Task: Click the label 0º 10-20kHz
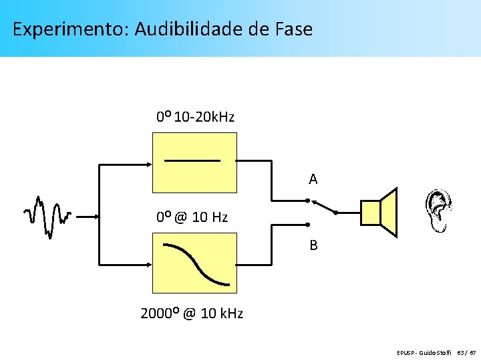click(x=195, y=117)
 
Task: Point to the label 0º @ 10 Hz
click(x=192, y=217)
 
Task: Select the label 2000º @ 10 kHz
click(x=192, y=313)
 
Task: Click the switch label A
click(x=313, y=179)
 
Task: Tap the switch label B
click(x=313, y=245)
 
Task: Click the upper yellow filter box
click(x=194, y=162)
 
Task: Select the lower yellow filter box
click(x=194, y=263)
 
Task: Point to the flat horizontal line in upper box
click(x=192, y=161)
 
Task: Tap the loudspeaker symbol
click(x=379, y=213)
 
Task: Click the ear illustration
click(x=439, y=211)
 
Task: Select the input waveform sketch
click(x=47, y=215)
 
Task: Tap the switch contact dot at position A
click(x=307, y=200)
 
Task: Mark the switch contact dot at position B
click(x=307, y=225)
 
